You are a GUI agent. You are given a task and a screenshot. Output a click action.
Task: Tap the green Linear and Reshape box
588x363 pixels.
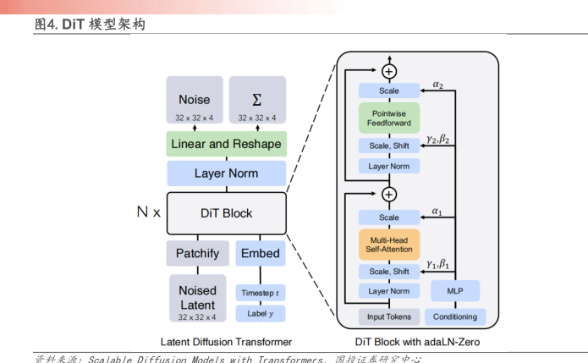[226, 144]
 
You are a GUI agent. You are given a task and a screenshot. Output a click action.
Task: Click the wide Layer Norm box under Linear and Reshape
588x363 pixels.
[226, 173]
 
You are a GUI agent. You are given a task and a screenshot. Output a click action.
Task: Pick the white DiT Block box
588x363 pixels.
[226, 213]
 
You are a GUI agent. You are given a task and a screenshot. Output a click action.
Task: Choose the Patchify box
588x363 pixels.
[197, 253]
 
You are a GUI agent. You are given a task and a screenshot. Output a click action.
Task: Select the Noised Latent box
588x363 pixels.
[197, 298]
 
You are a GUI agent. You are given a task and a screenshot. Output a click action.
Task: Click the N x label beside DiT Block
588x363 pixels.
[149, 212]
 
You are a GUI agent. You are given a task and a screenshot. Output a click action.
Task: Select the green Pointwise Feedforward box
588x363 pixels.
[389, 118]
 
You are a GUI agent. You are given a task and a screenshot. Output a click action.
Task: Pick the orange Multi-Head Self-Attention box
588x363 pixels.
[389, 245]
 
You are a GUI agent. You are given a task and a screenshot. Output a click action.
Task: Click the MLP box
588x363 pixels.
[454, 292]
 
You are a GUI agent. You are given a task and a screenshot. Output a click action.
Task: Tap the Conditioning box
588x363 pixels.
[454, 316]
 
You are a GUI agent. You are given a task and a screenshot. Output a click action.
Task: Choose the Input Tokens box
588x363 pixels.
[389, 316]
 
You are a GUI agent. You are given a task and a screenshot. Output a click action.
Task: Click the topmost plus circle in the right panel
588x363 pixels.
[389, 69]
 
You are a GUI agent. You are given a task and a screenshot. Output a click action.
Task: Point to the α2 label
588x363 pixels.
[437, 85]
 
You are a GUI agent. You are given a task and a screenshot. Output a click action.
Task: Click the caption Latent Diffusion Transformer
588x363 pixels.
[227, 342]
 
